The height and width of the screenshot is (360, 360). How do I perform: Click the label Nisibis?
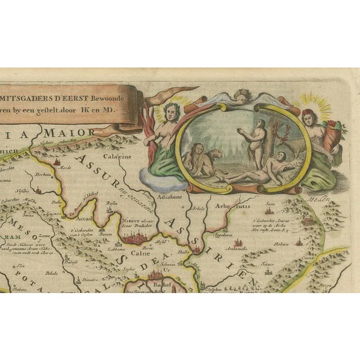coord(25,191)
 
